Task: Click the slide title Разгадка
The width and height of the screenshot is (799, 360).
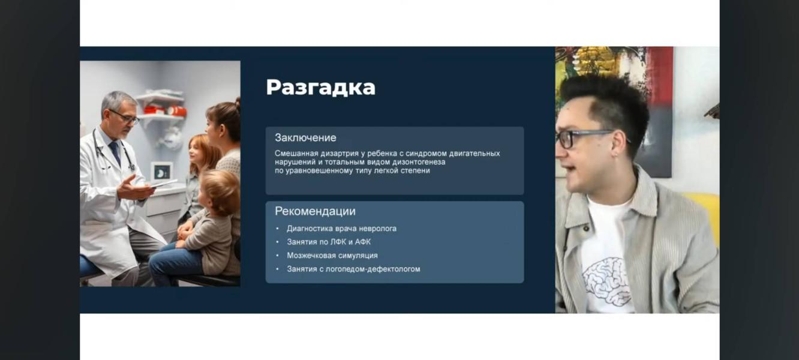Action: tap(321, 88)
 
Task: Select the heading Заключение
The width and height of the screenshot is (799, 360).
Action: tap(305, 138)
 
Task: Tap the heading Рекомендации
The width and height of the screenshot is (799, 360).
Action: tap(315, 211)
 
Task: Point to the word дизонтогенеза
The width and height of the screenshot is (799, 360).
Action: tap(419, 162)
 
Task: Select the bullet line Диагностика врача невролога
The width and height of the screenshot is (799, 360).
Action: tap(341, 229)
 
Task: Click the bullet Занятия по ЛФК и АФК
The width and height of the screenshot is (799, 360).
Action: tap(329, 242)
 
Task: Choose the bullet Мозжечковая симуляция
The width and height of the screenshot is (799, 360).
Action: tap(332, 256)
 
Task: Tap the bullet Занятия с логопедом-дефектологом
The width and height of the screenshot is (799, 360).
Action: tap(353, 269)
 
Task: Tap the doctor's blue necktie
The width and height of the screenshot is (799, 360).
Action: tap(115, 152)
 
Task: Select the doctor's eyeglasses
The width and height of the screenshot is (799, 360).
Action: tap(125, 117)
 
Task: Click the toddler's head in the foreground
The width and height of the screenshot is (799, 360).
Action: tap(220, 192)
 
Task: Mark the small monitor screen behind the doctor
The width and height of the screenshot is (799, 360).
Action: tap(161, 173)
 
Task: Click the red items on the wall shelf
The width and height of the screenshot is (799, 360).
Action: tap(165, 110)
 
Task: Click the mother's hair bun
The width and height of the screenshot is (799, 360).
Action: tap(238, 101)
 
